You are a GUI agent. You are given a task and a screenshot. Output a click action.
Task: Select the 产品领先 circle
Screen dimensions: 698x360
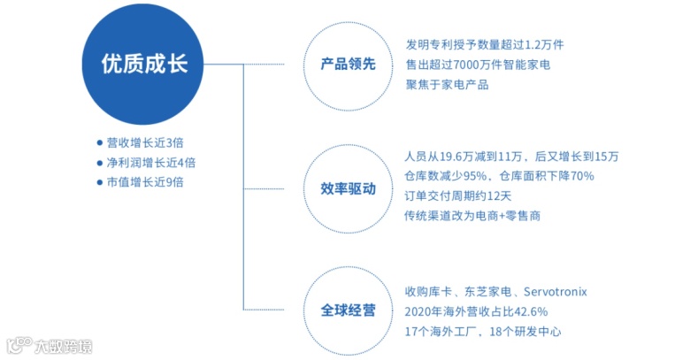[348, 65]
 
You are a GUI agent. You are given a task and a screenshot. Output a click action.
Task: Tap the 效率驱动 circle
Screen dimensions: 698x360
[348, 188]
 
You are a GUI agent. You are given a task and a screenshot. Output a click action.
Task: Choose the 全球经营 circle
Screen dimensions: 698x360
[348, 310]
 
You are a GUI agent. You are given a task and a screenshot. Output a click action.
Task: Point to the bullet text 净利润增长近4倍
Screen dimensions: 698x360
[150, 163]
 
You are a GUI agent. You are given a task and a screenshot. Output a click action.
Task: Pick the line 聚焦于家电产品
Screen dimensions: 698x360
[447, 85]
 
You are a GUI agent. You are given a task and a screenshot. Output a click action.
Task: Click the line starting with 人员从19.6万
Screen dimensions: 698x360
[511, 157]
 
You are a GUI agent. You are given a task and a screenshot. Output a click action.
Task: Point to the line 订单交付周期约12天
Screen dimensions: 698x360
[459, 195]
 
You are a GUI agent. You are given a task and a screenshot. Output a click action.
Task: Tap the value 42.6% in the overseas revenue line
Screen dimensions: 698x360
[529, 311]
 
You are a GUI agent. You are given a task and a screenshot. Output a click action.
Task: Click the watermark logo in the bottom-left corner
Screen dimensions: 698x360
[49, 345]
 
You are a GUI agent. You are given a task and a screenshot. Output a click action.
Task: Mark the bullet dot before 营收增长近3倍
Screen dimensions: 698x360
[99, 143]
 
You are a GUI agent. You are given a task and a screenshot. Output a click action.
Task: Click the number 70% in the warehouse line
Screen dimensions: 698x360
[582, 176]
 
